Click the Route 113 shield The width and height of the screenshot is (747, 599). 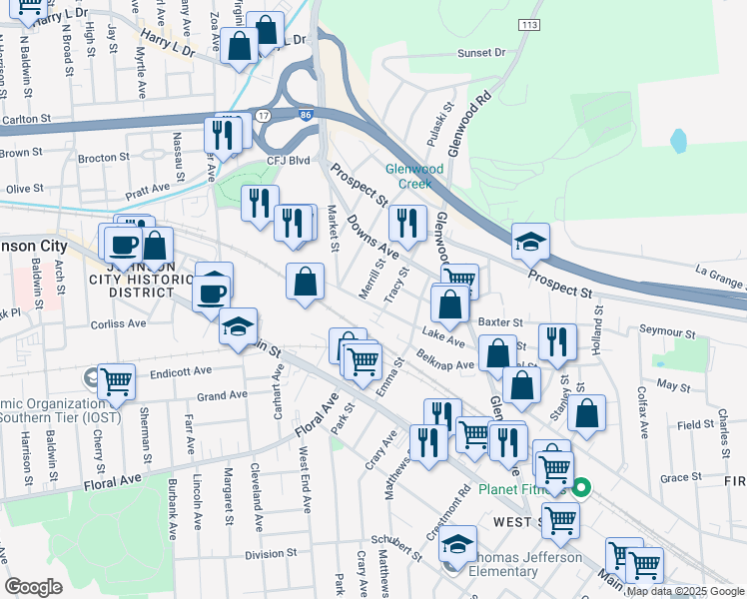pyautogui.click(x=528, y=22)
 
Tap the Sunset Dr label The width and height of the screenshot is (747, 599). pyautogui.click(x=481, y=52)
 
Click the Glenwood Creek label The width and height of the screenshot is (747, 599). pyautogui.click(x=415, y=176)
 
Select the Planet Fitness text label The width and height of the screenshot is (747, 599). pyautogui.click(x=521, y=490)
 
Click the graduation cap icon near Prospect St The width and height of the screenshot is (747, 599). pyautogui.click(x=530, y=241)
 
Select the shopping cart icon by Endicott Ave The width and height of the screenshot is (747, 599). pyautogui.click(x=117, y=380)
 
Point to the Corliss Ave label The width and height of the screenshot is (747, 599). pyautogui.click(x=118, y=323)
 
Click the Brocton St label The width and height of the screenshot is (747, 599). pyautogui.click(x=103, y=158)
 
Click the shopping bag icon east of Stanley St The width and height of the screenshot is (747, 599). pyautogui.click(x=589, y=412)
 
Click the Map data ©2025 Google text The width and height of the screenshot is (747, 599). pyautogui.click(x=685, y=592)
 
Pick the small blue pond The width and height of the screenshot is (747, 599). pyautogui.click(x=679, y=141)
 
